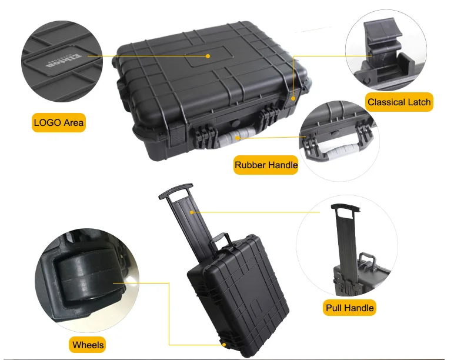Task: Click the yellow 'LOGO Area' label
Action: click(59, 123)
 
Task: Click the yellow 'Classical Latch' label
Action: click(399, 102)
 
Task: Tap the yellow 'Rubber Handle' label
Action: click(266, 165)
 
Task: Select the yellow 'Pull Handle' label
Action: click(350, 308)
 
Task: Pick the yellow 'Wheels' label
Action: click(88, 345)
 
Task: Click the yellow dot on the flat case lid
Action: click(208, 56)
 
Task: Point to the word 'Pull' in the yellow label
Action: click(335, 308)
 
